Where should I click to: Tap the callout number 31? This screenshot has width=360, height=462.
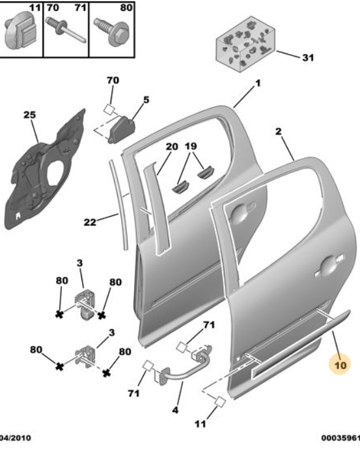(x=307, y=57)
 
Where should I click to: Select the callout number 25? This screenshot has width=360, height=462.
(x=29, y=115)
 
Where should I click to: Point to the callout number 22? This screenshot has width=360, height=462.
(x=91, y=222)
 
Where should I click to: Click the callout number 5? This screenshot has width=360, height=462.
(x=146, y=100)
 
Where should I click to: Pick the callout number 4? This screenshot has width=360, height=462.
(x=174, y=410)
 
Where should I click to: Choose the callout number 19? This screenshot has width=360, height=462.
(x=191, y=146)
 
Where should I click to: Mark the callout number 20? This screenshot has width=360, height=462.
(x=171, y=146)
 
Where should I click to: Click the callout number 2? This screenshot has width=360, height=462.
(x=278, y=132)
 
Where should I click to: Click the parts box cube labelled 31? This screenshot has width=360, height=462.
(x=245, y=48)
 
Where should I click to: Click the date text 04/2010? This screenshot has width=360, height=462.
(x=14, y=438)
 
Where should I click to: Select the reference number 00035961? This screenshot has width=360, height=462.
(x=340, y=438)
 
